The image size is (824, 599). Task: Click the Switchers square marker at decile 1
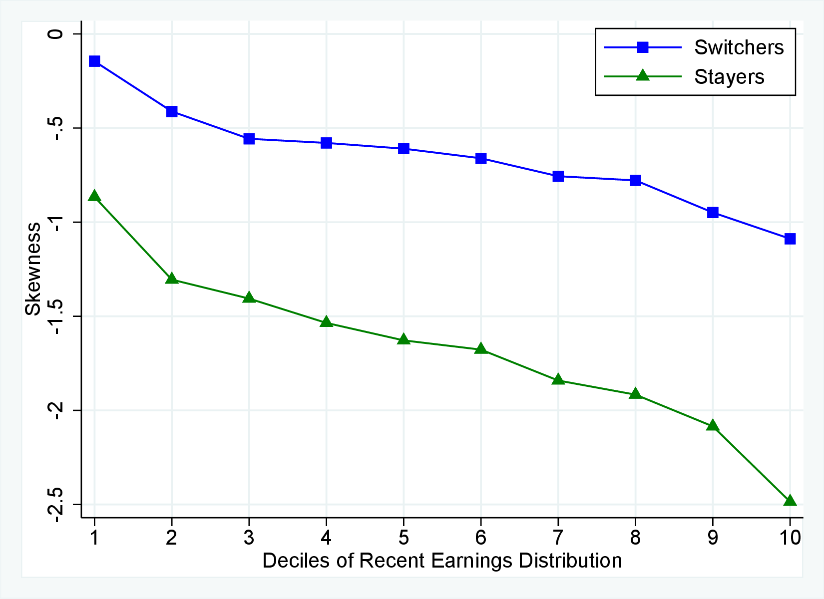point(94,61)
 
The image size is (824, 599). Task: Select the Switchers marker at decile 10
point(790,239)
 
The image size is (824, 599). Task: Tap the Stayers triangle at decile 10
point(790,500)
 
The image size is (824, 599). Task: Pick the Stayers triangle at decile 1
point(94,196)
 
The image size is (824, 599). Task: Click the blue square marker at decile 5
point(404,149)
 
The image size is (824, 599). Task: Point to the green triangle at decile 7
point(558,380)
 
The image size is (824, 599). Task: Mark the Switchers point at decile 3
point(249,139)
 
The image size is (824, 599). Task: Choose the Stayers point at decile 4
point(326,322)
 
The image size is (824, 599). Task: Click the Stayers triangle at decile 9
point(713,426)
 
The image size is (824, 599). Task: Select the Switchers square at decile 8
point(635,180)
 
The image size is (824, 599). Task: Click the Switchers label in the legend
point(739,47)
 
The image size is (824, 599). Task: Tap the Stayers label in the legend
point(729,77)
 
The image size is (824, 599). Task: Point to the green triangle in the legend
point(643,76)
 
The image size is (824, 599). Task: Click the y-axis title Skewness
point(33,269)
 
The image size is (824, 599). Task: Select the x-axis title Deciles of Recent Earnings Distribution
point(442,561)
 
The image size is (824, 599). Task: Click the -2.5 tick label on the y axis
point(56,504)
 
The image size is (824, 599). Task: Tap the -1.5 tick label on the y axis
point(56,316)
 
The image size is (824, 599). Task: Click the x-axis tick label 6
point(480,538)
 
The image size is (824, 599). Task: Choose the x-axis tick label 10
point(790,538)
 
